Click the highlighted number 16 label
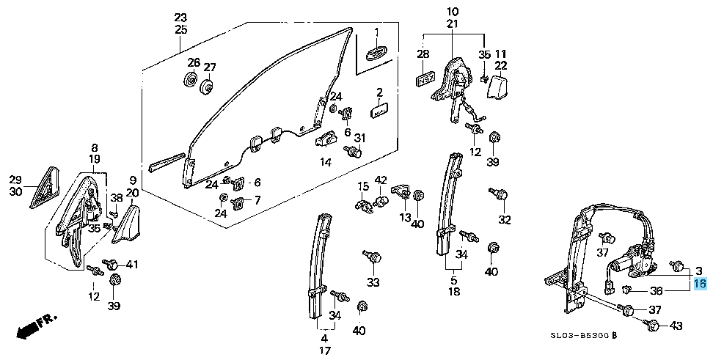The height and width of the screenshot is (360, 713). [x=699, y=283]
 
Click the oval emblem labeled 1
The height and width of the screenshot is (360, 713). [x=376, y=54]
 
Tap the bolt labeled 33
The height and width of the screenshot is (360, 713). [x=373, y=257]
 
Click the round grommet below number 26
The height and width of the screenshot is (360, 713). [x=189, y=79]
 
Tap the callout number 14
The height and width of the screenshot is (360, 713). [x=325, y=161]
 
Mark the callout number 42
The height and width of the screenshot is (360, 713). [x=381, y=180]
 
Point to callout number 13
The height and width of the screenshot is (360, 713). [x=405, y=217]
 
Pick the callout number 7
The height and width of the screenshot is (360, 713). [x=257, y=200]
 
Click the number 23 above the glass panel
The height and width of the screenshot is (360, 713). [x=181, y=18]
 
